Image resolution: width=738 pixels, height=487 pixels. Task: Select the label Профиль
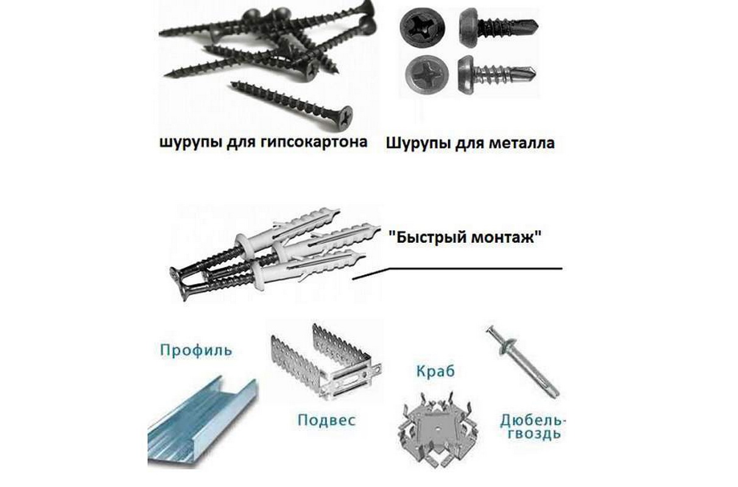(196, 351)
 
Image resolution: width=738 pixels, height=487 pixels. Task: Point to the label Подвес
(326, 420)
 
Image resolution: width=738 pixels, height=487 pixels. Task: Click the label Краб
(435, 371)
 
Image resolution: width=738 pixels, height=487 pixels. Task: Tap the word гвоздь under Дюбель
(533, 434)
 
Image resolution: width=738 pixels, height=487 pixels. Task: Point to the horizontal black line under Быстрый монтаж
(474, 268)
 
